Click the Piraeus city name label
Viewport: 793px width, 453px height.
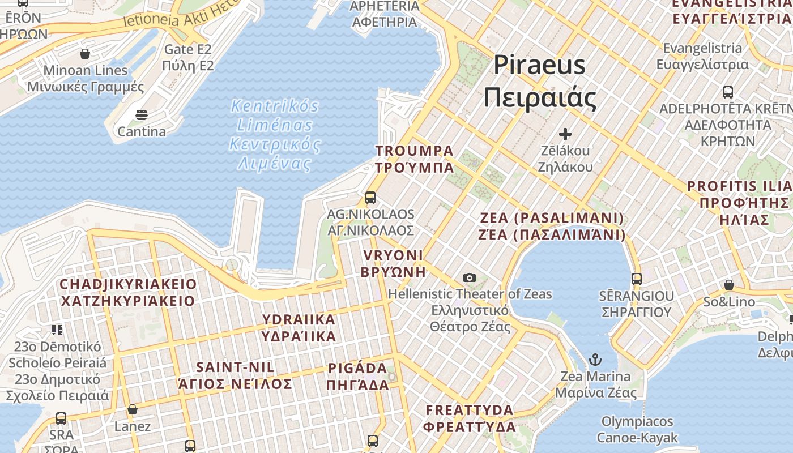(539, 81)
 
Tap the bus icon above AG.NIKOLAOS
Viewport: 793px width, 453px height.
(370, 198)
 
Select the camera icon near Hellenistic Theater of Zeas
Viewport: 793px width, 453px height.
(469, 277)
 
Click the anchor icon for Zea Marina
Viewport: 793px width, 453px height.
(595, 360)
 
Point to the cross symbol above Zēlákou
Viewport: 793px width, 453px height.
(565, 134)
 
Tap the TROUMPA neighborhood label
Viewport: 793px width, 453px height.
(414, 159)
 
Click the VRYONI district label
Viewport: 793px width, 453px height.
(393, 263)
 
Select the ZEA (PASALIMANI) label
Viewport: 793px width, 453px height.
(552, 226)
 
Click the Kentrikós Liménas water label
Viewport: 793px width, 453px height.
(275, 135)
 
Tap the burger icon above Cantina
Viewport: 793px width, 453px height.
(142, 115)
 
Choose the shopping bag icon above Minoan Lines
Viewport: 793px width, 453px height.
(85, 54)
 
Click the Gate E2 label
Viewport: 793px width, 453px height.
(188, 57)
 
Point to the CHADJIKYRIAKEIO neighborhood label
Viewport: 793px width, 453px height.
(128, 292)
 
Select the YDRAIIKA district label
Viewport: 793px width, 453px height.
(299, 327)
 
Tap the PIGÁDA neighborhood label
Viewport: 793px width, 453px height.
(357, 377)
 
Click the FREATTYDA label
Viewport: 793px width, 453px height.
(470, 418)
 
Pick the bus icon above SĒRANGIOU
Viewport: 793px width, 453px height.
(637, 279)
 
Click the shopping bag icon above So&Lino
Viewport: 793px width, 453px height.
(729, 284)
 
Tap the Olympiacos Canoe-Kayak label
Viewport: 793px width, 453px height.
(637, 429)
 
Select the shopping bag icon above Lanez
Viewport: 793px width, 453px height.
(133, 409)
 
